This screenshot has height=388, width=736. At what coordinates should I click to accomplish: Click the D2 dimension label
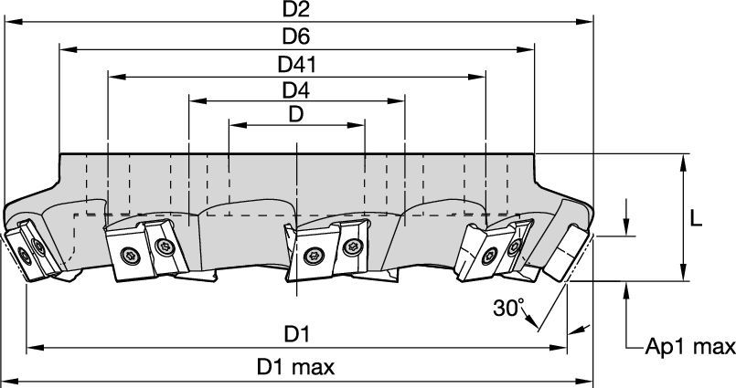pyautogui.click(x=296, y=12)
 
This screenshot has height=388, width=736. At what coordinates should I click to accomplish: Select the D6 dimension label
pyautogui.click(x=296, y=37)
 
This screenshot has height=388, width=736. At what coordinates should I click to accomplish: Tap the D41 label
pyautogui.click(x=296, y=65)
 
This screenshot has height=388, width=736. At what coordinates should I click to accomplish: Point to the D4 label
pyautogui.click(x=296, y=90)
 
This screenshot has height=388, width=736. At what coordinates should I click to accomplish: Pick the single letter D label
pyautogui.click(x=296, y=115)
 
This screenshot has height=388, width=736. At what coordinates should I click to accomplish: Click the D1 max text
pyautogui.click(x=295, y=368)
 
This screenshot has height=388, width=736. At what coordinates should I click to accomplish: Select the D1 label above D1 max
pyautogui.click(x=295, y=335)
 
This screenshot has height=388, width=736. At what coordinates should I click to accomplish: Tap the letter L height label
pyautogui.click(x=696, y=219)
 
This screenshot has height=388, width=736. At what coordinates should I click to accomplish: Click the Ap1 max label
pyautogui.click(x=690, y=347)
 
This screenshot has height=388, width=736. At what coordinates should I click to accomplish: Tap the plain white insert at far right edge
pyautogui.click(x=563, y=256)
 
